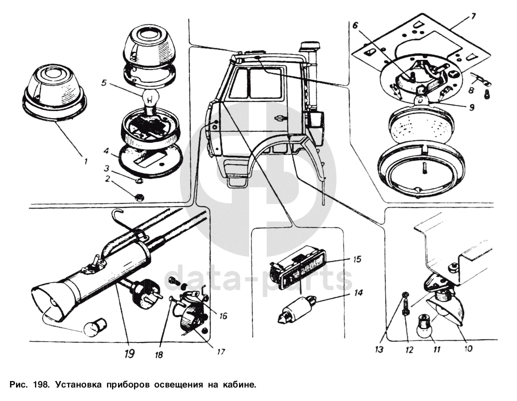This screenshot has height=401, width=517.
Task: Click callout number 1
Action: tap(85, 161)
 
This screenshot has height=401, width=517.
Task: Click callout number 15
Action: tap(357, 260)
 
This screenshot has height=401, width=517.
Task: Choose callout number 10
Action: tap(468, 349)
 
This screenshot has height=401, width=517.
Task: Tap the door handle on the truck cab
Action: tap(279, 118)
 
